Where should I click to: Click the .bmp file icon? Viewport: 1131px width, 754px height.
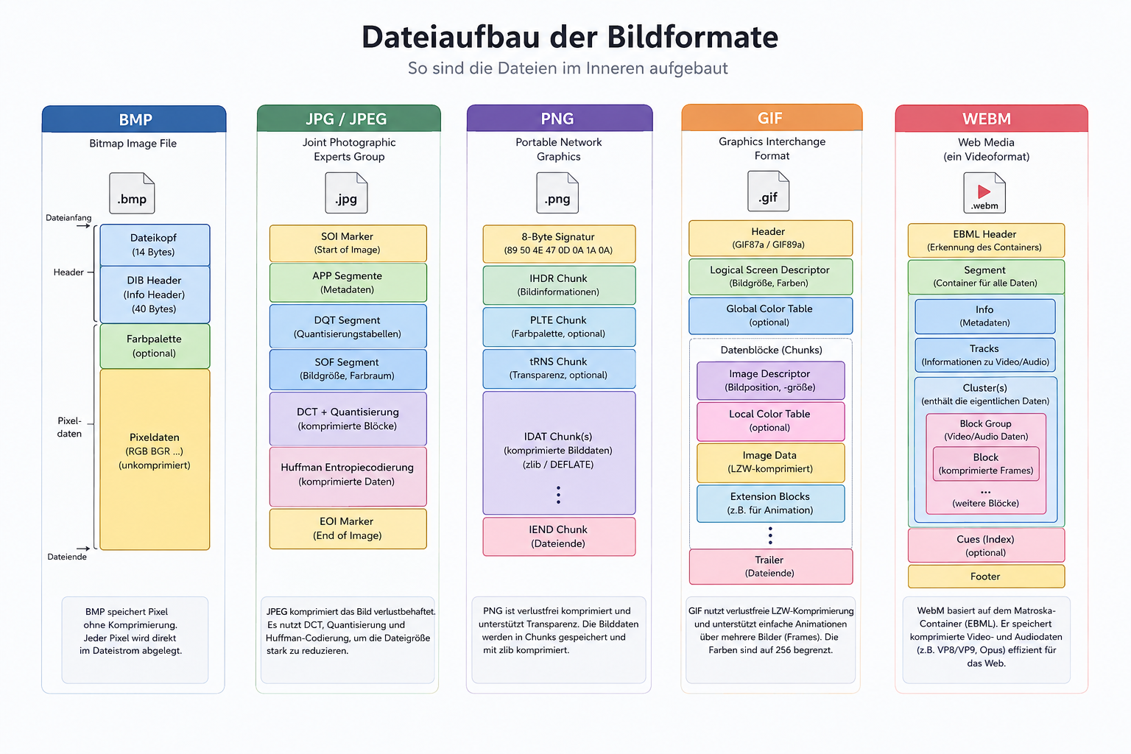tap(132, 193)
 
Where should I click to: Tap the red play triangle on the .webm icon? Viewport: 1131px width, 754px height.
tap(984, 191)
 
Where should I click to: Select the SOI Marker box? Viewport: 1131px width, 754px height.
tap(348, 243)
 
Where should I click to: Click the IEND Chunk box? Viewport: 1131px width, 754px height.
tap(559, 536)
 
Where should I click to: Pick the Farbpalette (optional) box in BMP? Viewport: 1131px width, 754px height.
tap(155, 346)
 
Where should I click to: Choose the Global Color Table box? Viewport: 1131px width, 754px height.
tap(770, 316)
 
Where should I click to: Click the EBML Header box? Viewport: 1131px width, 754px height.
tap(986, 240)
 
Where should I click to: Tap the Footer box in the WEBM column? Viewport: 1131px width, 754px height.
tap(986, 577)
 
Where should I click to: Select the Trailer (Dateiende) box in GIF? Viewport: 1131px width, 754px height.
tap(770, 567)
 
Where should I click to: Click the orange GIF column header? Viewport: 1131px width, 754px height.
tap(772, 118)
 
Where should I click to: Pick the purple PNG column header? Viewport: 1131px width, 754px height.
tap(560, 118)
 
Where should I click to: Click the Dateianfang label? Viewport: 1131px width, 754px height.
tap(68, 218)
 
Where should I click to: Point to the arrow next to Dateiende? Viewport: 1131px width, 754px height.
tap(83, 548)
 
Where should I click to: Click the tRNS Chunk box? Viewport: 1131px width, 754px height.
tap(559, 369)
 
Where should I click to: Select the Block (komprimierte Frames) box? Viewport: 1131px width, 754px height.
tap(986, 464)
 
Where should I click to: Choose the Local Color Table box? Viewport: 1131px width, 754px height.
tap(770, 421)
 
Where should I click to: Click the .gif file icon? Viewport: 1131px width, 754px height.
tap(768, 191)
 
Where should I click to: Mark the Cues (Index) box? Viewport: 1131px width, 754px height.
tap(986, 546)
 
